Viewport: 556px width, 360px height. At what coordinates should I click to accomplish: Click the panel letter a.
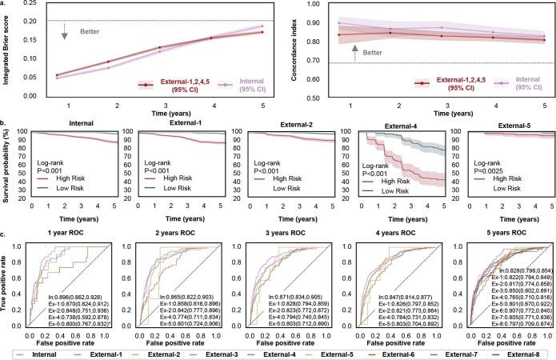pos(4,6)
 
